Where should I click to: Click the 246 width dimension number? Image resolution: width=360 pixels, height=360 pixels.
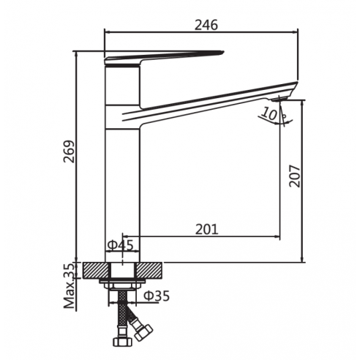pyautogui.click(x=206, y=25)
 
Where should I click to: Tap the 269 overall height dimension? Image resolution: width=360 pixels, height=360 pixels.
pyautogui.click(x=69, y=151)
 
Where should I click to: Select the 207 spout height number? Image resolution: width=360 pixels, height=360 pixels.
pyautogui.click(x=294, y=176)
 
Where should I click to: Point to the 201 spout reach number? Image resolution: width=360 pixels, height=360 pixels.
pyautogui.click(x=206, y=229)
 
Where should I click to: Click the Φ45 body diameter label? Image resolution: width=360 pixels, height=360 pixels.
pyautogui.click(x=121, y=245)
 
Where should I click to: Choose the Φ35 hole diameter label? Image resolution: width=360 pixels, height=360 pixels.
pyautogui.click(x=157, y=296)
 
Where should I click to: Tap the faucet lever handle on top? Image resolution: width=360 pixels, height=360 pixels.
pyautogui.click(x=164, y=58)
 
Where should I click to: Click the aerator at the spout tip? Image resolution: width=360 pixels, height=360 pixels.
pyautogui.click(x=280, y=98)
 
